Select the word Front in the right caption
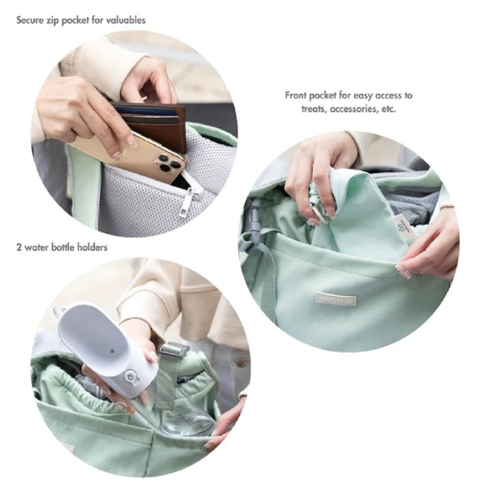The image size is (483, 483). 296,96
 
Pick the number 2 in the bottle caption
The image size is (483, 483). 19,247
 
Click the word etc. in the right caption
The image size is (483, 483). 388,109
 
